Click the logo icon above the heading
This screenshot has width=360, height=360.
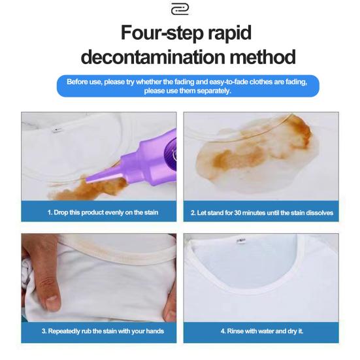180,9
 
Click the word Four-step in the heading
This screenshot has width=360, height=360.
162,33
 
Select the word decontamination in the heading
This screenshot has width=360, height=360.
153,57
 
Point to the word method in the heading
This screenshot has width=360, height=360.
263,57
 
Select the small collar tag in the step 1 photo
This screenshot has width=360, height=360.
56,131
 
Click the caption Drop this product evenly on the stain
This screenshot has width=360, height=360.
106,212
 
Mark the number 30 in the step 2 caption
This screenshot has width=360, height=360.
237,213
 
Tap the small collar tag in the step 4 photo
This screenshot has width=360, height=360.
241,240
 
